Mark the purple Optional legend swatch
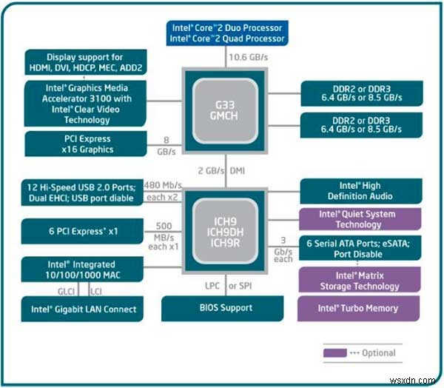pyautogui.click(x=335, y=352)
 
